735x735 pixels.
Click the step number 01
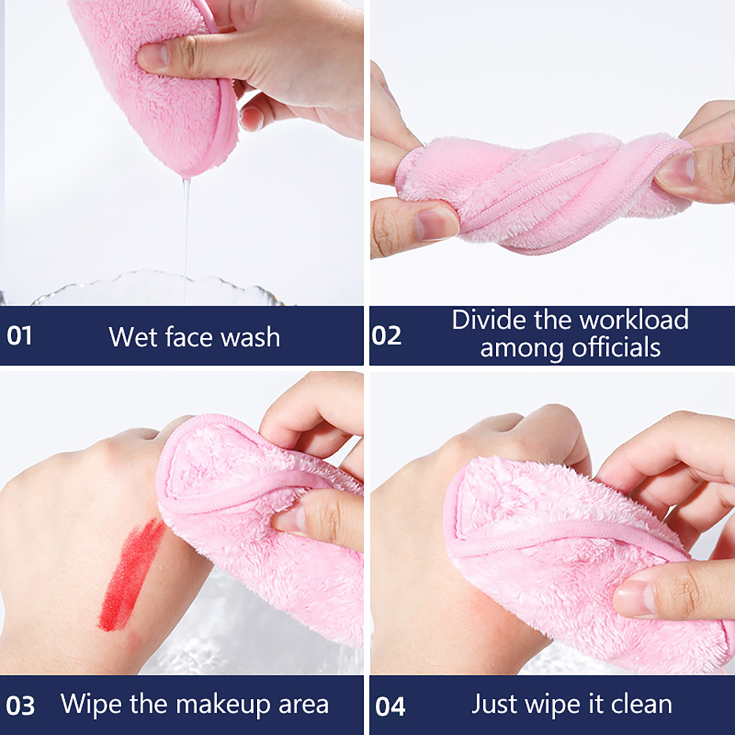point(19,335)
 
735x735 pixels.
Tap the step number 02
point(386,335)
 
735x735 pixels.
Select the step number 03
point(20,706)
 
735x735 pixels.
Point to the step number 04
point(390,706)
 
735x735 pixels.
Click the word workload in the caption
point(626,320)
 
